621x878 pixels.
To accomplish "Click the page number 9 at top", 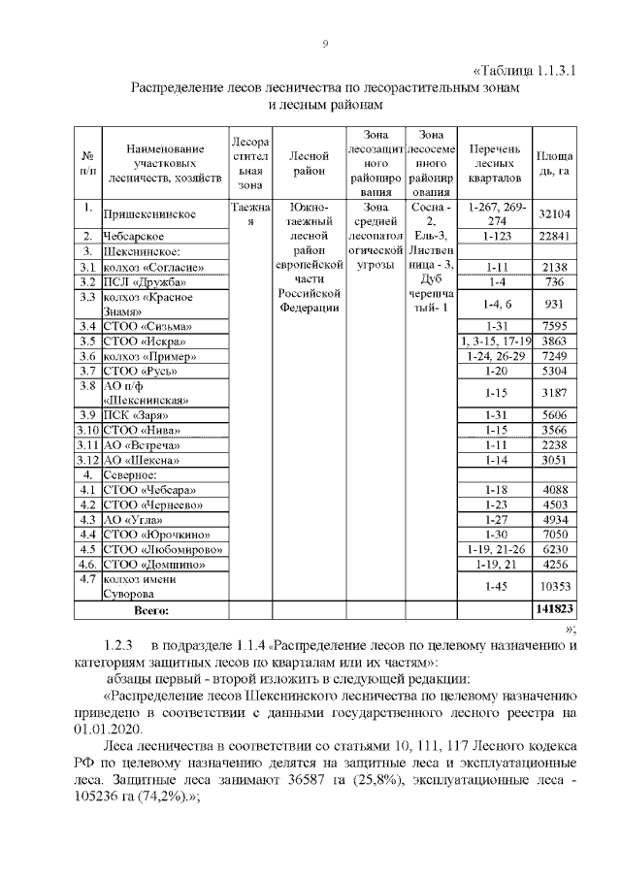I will tap(325, 44).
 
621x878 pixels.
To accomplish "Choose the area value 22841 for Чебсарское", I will tap(553, 236).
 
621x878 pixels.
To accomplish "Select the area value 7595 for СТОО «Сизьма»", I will tap(553, 326).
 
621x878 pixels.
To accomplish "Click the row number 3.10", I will tap(89, 430).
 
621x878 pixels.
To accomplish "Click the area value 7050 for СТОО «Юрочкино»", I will tap(553, 535).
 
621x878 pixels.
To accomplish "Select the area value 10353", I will tap(553, 587).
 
